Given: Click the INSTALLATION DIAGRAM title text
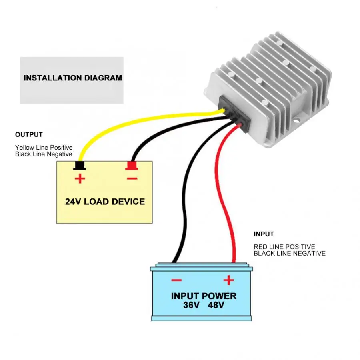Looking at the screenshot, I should tap(72, 78).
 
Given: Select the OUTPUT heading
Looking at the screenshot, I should tap(29, 135).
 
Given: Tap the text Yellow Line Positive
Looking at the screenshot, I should tap(44, 148).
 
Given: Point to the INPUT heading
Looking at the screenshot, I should tap(264, 234).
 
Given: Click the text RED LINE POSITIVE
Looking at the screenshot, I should tap(284, 247).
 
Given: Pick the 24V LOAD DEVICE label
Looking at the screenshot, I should tap(105, 202).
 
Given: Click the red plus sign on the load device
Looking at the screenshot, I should tap(80, 178).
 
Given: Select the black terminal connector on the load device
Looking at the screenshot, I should tap(80, 165).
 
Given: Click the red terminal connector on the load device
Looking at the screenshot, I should tap(132, 165).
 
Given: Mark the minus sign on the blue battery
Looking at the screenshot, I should tap(176, 280).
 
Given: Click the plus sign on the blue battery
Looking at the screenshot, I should tap(228, 280).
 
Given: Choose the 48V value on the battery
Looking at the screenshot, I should tap(216, 306).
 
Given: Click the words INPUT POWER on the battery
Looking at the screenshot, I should tap(204, 296).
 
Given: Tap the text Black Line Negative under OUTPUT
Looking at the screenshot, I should tap(44, 154).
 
